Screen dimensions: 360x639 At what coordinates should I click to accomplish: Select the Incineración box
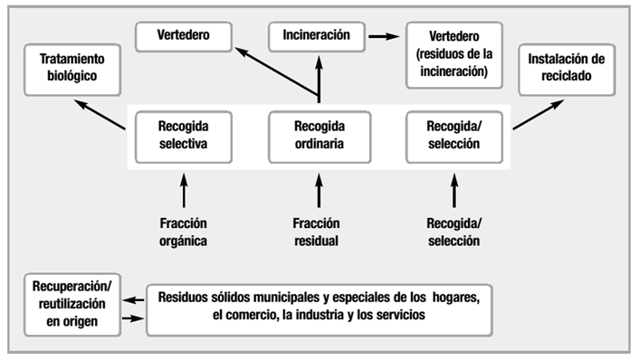[317, 38]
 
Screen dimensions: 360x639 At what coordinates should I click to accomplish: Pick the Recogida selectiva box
[183, 135]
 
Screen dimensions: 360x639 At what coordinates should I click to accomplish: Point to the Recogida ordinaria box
[318, 135]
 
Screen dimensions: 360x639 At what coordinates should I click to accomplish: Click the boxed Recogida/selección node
[453, 135]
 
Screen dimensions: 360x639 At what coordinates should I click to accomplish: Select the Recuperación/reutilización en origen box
[72, 305]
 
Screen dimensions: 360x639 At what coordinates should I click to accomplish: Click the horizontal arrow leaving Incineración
[384, 38]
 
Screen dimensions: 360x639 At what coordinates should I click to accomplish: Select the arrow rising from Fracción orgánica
[183, 193]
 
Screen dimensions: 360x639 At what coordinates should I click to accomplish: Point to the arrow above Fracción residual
[318, 193]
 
